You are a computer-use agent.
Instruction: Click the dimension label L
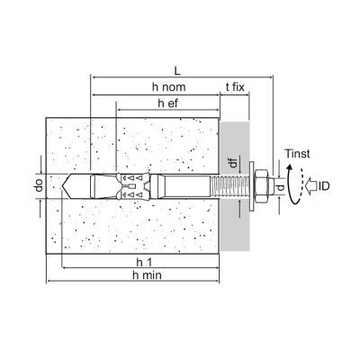tap(177, 71)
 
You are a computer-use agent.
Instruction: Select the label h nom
tap(169, 87)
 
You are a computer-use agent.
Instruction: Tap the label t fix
tap(235, 87)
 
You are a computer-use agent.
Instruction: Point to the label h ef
tap(168, 103)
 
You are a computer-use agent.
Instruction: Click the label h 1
tap(144, 262)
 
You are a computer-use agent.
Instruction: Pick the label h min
tap(147, 274)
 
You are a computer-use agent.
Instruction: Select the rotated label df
tap(234, 162)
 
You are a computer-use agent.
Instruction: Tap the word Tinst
tap(297, 154)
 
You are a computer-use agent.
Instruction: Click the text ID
tap(324, 186)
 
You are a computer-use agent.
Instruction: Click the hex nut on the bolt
tap(261, 186)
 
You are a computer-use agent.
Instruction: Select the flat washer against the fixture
tap(251, 186)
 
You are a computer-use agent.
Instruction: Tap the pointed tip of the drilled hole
tap(62, 186)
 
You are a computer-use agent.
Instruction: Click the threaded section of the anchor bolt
tap(230, 186)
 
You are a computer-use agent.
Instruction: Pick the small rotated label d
tap(281, 187)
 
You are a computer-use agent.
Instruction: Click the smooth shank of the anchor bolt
tap(188, 186)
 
